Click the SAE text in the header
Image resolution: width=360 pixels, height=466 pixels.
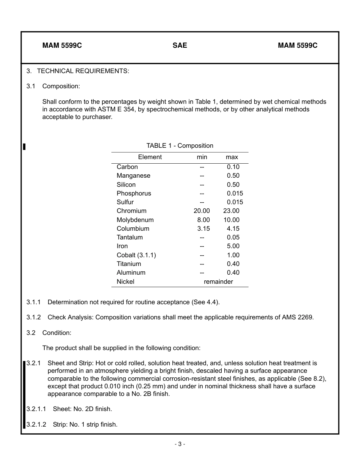point(180,45)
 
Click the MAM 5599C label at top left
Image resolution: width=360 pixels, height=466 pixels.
point(62,45)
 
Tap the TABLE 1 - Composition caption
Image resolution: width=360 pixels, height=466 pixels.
point(180,146)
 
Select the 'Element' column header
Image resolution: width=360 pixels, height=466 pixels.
point(150,157)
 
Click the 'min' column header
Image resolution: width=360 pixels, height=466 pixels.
point(202,157)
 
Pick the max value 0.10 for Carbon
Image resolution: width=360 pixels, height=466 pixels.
point(233,167)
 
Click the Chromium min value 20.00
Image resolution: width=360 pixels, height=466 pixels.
point(202,211)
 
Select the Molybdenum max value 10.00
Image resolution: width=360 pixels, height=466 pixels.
point(231,220)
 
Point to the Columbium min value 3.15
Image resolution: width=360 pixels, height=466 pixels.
point(203,229)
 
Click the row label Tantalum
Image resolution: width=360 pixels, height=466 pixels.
point(130,238)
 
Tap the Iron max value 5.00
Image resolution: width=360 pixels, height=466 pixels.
point(233,246)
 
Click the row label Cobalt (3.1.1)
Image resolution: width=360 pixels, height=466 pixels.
point(136,255)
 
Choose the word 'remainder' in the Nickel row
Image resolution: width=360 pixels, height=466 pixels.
point(218,282)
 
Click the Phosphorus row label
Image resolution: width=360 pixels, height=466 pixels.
point(134,194)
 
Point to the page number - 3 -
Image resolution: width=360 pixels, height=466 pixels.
point(180,444)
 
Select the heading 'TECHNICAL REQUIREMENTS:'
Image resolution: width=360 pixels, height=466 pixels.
point(83,71)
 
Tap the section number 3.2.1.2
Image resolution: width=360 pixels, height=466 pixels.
point(36,425)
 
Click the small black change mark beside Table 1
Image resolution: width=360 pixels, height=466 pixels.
point(24,147)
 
